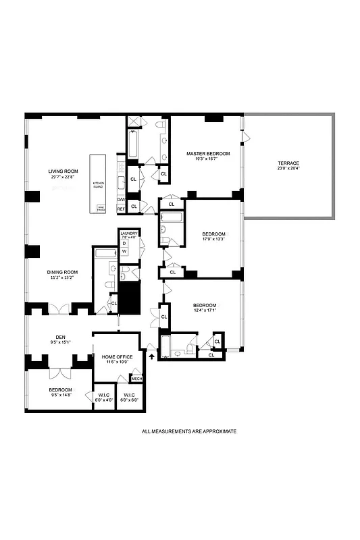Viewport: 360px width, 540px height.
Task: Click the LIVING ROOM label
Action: pyautogui.click(x=63, y=171)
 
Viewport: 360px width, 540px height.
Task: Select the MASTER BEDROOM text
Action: pyautogui.click(x=208, y=154)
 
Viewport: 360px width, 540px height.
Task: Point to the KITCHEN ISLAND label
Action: pyautogui.click(x=99, y=184)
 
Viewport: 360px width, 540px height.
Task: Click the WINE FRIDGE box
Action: pyautogui.click(x=101, y=209)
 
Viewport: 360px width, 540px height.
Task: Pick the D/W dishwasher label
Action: pyautogui.click(x=121, y=200)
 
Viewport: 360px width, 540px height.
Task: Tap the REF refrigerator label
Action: pyautogui.click(x=121, y=209)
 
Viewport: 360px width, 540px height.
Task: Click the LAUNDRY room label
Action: pyautogui.click(x=129, y=233)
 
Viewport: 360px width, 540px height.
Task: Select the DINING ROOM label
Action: pyautogui.click(x=63, y=272)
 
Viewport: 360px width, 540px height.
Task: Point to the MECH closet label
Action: pyautogui.click(x=136, y=379)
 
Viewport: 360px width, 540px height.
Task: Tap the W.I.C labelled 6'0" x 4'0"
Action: pyautogui.click(x=103, y=396)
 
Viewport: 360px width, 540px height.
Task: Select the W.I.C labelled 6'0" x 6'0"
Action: pyautogui.click(x=129, y=396)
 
